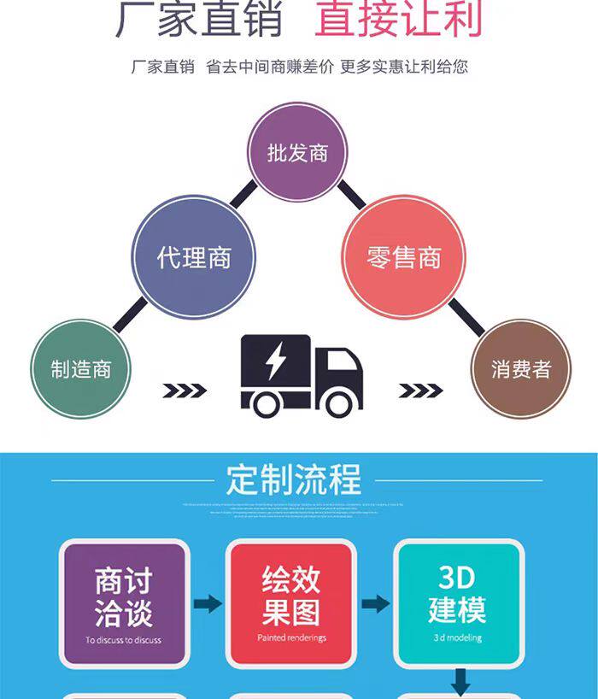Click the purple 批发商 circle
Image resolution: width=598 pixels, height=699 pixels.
tap(297, 154)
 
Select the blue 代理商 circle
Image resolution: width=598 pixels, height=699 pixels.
tap(194, 256)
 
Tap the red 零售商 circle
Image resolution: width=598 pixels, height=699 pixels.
tap(403, 256)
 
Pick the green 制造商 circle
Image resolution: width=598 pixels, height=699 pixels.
tap(80, 369)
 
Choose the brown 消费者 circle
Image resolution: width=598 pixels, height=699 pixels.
tap(520, 369)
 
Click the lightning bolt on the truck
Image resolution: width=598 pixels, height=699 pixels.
tap(275, 365)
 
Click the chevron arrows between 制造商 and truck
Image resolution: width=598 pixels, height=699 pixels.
tap(185, 391)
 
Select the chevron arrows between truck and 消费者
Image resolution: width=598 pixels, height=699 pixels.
tap(420, 391)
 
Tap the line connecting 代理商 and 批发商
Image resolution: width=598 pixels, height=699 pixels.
tap(243, 195)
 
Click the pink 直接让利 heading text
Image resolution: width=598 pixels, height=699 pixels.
tap(398, 19)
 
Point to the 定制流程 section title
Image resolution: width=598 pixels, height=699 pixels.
tap(294, 479)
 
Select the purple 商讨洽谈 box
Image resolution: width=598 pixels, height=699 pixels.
tap(124, 603)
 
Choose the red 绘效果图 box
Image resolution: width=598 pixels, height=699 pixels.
tap(291, 603)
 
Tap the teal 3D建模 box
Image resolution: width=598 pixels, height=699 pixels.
tap(458, 603)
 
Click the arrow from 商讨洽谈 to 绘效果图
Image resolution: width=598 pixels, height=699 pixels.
tap(208, 604)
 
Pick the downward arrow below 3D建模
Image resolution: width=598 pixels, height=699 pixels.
tap(460, 681)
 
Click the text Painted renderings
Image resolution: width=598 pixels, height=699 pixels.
tap(291, 637)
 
